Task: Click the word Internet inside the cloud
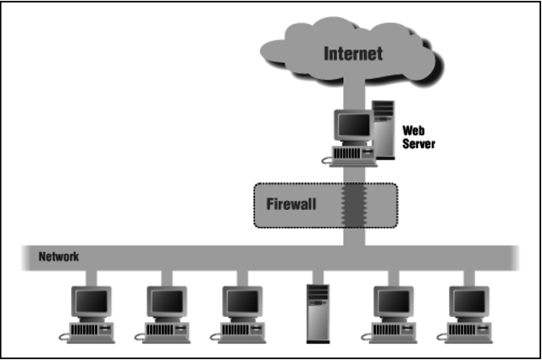click(354, 54)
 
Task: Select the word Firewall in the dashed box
click(291, 204)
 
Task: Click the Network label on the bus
click(58, 256)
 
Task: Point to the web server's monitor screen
click(352, 126)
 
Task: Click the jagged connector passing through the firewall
click(353, 205)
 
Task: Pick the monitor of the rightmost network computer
click(468, 302)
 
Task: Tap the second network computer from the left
click(165, 312)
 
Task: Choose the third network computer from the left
click(241, 312)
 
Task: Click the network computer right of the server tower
click(392, 312)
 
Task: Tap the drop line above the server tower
click(316, 276)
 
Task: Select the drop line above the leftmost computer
click(91, 276)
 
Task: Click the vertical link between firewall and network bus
click(353, 237)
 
